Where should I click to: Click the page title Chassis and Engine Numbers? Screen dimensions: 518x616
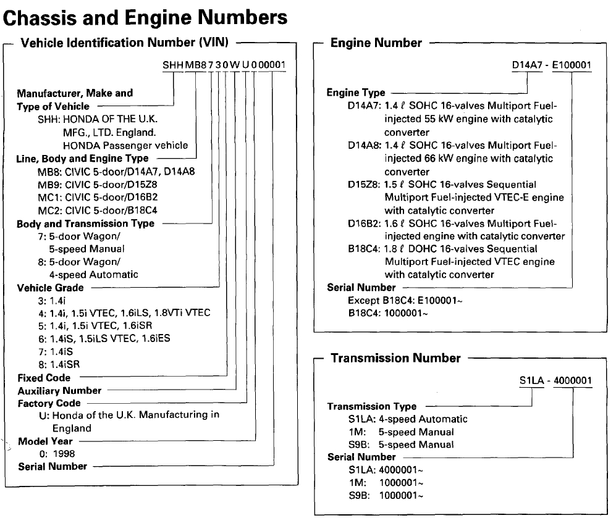click(146, 19)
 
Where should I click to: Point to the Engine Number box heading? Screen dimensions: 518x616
click(376, 43)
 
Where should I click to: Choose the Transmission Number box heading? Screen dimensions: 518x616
click(395, 358)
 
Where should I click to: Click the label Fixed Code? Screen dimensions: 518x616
click(44, 377)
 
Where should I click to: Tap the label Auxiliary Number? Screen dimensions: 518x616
click(59, 390)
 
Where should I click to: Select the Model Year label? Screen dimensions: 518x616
click(45, 441)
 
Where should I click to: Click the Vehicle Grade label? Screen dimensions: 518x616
click(50, 288)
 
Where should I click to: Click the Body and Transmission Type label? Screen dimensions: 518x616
click(85, 223)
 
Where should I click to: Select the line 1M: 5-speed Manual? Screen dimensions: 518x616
click(400, 432)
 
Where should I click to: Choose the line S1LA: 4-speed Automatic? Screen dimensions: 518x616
click(408, 419)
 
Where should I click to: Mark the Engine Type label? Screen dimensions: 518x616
click(355, 93)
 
